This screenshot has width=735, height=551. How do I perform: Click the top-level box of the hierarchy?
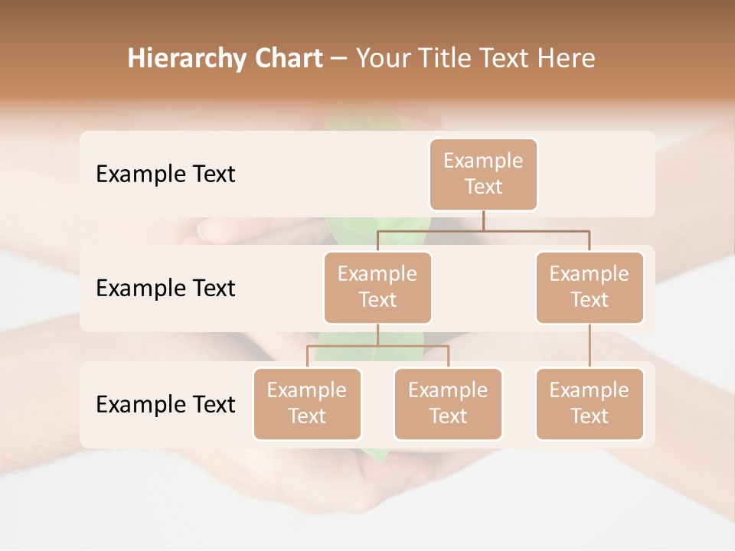coord(483,174)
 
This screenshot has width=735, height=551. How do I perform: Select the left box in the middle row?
coord(377,288)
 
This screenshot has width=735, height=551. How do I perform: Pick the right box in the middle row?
coord(590,288)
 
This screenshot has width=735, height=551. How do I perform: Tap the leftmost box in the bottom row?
coord(307,404)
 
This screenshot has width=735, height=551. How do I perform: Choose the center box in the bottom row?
coord(448,404)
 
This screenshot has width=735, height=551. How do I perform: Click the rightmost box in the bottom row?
coord(590,404)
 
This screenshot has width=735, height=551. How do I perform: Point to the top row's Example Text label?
coord(165,174)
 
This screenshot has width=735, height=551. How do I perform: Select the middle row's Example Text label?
coord(165,289)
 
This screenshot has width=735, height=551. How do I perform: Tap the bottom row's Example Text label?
coord(165,404)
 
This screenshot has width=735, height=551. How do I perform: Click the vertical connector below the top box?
coord(483,220)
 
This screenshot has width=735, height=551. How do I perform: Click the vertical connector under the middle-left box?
coord(377,335)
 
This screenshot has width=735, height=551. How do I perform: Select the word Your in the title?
coord(381,59)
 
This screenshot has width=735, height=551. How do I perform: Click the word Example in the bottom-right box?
coord(590,391)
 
